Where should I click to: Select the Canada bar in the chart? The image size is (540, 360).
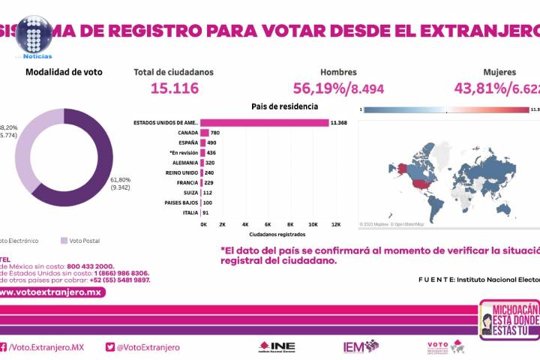coord(205,133)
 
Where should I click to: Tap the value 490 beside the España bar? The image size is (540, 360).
coord(212,142)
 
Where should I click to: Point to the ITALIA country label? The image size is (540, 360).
coord(190,212)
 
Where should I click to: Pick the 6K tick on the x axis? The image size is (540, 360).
coord(268,224)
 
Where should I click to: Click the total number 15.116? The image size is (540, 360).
coord(174,88)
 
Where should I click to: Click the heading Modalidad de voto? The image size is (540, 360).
coord(64,72)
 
